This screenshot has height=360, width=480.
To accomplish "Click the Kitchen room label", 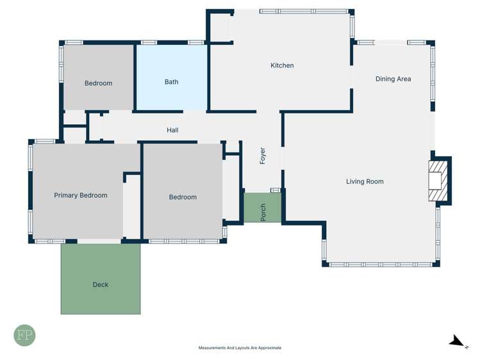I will tap(282, 65).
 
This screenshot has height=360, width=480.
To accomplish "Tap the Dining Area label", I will tap(393, 79).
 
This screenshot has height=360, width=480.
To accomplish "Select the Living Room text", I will tap(365, 181).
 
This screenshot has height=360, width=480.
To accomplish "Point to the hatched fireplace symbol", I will tap(437, 181).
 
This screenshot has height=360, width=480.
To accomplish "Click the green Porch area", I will tap(263, 208).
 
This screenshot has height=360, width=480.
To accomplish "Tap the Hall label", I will tap(172, 130).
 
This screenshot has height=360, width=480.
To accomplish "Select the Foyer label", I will tap(263, 156).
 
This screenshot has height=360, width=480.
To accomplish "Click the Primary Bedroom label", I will tap(81, 195).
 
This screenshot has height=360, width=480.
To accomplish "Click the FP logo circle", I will tap(25, 336).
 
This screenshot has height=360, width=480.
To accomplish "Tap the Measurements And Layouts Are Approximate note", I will tap(240, 348).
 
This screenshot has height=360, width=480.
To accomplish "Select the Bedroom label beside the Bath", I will tap(98, 83).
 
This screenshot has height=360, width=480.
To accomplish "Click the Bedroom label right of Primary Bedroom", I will tap(183, 197).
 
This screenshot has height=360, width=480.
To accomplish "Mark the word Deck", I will tap(101, 284).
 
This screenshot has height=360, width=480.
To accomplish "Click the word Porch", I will tap(263, 213).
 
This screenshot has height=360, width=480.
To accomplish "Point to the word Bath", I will tap(171, 82).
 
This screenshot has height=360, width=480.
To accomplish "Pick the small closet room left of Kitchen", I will tap(220, 27).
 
